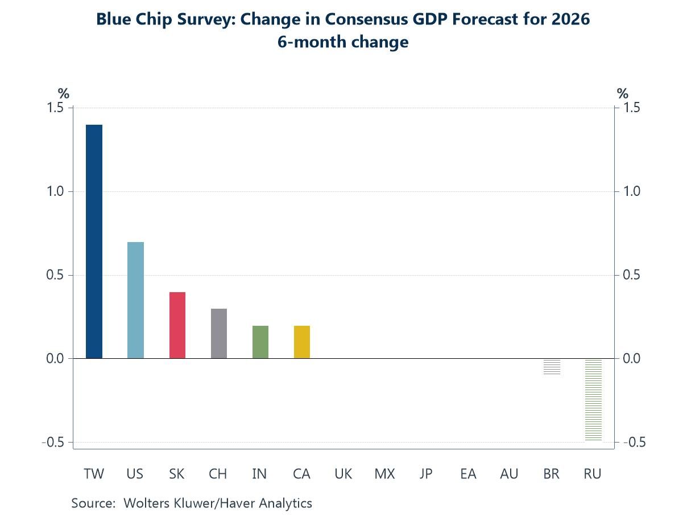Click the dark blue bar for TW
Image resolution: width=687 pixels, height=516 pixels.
point(94,241)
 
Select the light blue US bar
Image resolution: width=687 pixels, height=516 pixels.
point(135,300)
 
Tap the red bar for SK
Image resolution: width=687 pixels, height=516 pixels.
point(177,325)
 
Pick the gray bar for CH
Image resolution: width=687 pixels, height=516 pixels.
point(219,334)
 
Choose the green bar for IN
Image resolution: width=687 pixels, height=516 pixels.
point(260,342)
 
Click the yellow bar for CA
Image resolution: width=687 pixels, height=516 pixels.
point(302,342)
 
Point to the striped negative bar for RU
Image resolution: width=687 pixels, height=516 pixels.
point(593,399)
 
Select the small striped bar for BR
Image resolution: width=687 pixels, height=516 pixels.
point(552,366)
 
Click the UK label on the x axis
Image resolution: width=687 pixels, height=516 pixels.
point(343,474)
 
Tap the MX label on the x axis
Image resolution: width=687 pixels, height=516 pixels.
point(384,474)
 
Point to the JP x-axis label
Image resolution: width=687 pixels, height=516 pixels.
point(426,474)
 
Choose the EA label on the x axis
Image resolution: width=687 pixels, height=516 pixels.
point(468,474)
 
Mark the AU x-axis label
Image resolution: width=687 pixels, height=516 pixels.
point(509,474)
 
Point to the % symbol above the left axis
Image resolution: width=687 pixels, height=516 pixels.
point(63,93)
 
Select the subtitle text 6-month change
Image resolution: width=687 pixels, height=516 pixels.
point(343,42)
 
